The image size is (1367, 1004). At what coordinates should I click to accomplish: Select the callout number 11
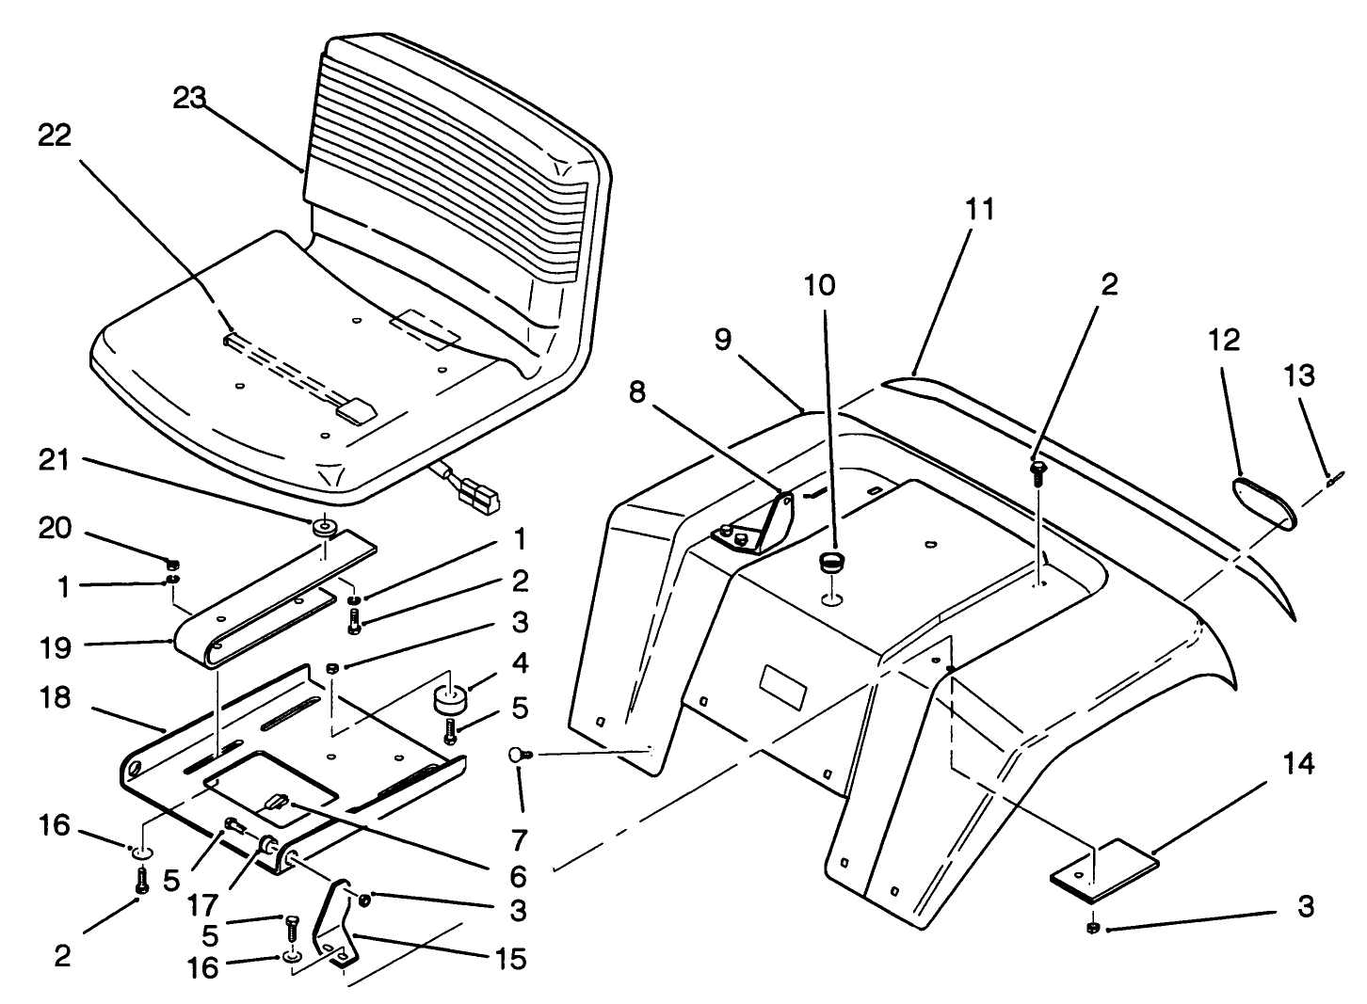(980, 209)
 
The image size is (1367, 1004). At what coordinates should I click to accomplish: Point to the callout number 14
(1299, 763)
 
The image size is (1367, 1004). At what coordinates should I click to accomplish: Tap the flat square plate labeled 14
(1102, 863)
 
